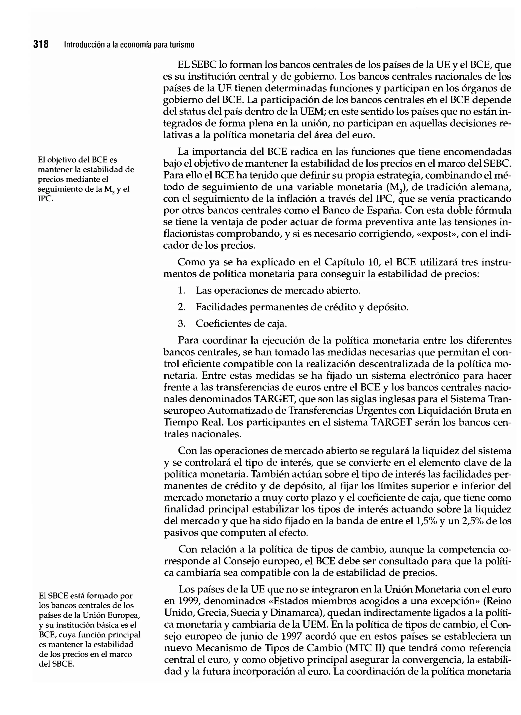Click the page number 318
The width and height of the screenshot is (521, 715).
pyautogui.click(x=41, y=44)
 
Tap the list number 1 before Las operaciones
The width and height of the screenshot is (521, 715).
pyautogui.click(x=181, y=290)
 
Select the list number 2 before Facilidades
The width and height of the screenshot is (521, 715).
pyautogui.click(x=181, y=307)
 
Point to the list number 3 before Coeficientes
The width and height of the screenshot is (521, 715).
pyautogui.click(x=181, y=323)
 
